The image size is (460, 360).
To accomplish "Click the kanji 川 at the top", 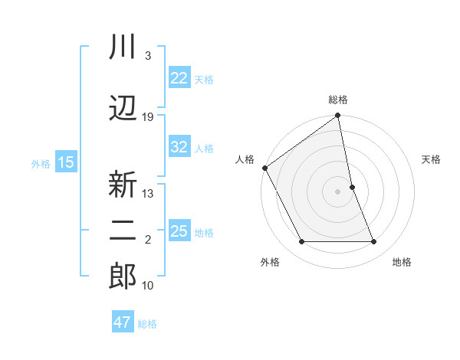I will (x=123, y=47).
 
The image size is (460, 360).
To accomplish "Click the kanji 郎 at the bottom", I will (x=123, y=277).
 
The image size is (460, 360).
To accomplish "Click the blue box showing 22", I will (x=179, y=78).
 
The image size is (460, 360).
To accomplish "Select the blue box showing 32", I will (x=179, y=148).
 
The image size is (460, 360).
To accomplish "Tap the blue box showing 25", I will (x=179, y=231).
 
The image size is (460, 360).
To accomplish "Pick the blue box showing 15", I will (x=65, y=162).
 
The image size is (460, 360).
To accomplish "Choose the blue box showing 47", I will (x=123, y=322).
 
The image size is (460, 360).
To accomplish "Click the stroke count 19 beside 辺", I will (x=148, y=117).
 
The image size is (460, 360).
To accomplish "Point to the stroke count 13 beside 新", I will (x=148, y=194).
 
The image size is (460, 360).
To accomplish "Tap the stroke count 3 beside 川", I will (x=148, y=56).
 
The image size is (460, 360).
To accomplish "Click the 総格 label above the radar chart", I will (x=338, y=100).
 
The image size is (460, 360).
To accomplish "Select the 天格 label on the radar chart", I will (x=432, y=159).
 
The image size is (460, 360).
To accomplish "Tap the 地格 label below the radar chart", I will (x=402, y=263).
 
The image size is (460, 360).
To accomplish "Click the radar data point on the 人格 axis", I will (x=264, y=168).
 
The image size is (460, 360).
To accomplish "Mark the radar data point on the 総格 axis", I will (x=338, y=116).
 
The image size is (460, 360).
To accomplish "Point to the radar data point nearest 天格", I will (x=352, y=187).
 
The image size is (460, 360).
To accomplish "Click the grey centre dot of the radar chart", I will (x=338, y=191).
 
